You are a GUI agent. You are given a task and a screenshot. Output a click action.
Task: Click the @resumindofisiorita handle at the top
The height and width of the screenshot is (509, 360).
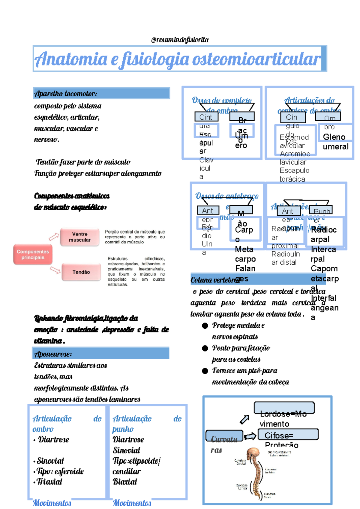(180, 40)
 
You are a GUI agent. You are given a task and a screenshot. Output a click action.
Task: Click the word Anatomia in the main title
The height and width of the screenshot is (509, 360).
(71, 59)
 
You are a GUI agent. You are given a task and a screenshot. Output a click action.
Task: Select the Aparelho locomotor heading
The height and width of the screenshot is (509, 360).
(66, 94)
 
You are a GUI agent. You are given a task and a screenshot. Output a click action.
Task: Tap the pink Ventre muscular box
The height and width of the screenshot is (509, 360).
(79, 237)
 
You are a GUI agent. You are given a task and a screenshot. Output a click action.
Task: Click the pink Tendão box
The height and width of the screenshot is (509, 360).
(81, 272)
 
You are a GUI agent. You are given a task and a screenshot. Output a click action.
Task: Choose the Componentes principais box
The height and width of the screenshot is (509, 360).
(33, 254)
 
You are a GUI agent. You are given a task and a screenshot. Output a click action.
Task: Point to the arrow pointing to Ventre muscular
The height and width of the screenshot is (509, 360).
(54, 237)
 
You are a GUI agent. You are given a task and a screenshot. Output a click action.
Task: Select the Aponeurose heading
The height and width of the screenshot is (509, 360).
(53, 354)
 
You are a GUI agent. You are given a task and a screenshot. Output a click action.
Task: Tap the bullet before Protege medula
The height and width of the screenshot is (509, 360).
(205, 326)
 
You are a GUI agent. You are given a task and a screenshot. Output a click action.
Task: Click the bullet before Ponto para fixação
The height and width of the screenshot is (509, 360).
(205, 348)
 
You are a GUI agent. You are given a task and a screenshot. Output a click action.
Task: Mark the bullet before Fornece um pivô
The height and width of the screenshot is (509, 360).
(205, 371)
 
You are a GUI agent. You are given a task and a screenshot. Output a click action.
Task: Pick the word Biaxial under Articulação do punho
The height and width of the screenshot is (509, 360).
(125, 482)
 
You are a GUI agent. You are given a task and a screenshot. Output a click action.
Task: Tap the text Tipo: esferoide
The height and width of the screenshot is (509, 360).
(60, 471)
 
